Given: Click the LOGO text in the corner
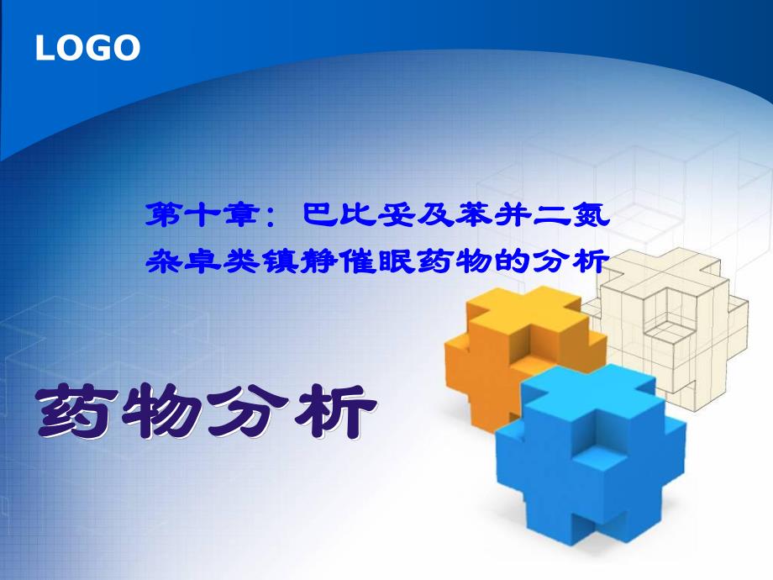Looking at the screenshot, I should pos(87,49).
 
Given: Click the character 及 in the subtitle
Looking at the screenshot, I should pos(437,216).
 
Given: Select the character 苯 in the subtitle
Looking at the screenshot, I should pos(476,216).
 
